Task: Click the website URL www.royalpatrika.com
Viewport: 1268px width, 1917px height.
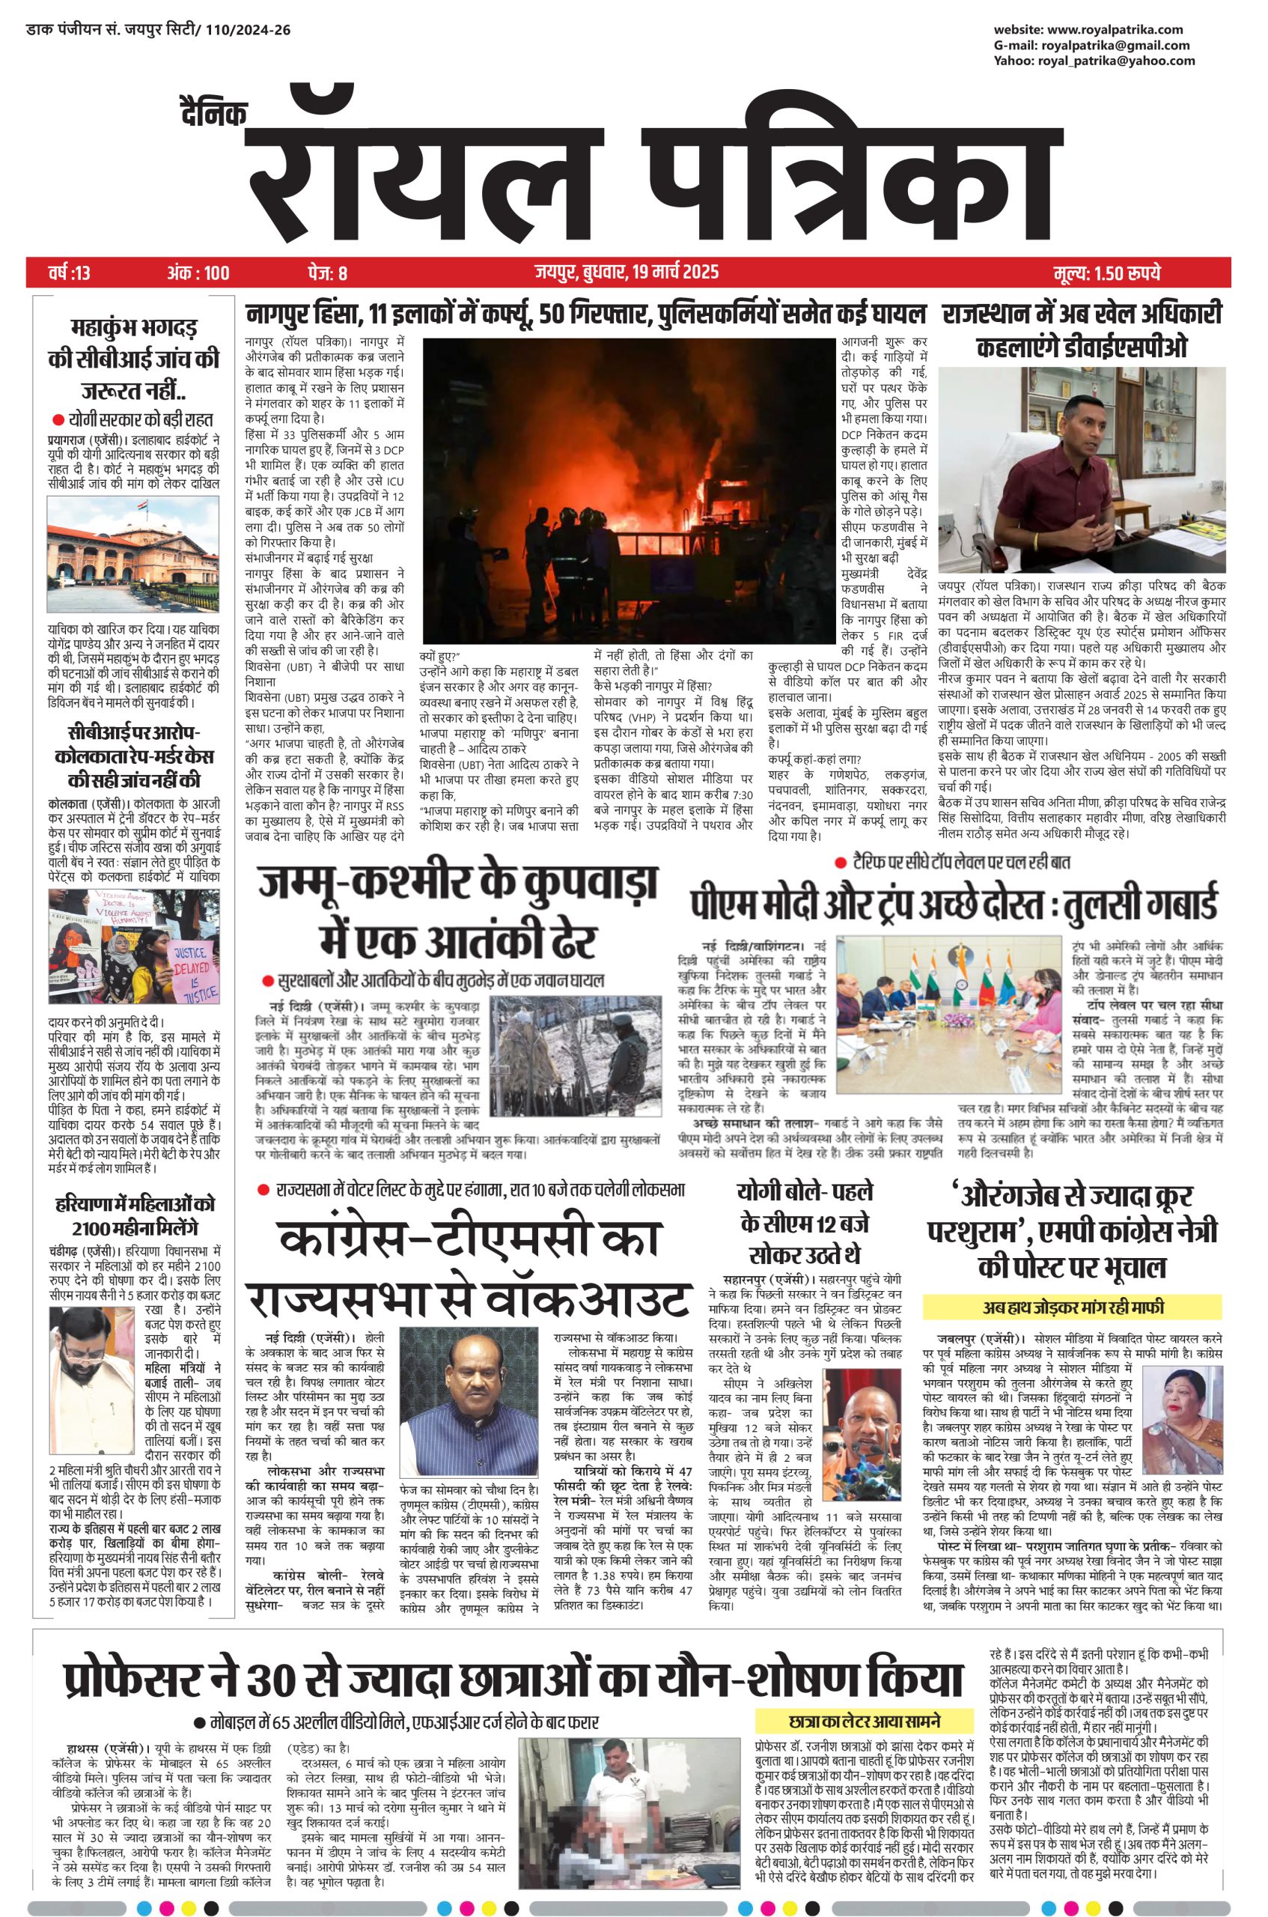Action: click(x=1119, y=30)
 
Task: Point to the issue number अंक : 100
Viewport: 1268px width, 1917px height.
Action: click(x=198, y=273)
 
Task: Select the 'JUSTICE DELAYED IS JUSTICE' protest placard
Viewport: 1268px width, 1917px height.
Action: click(x=191, y=972)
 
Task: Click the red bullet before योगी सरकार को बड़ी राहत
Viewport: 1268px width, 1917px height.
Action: click(x=58, y=420)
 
